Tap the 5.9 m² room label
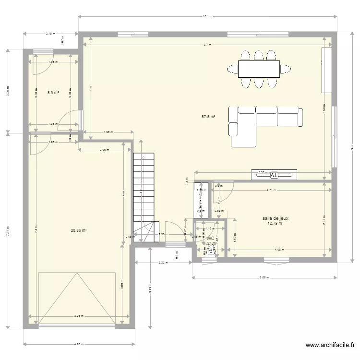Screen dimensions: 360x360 click(x=53, y=93)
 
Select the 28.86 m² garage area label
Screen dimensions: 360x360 click(x=79, y=230)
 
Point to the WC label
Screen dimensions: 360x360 click(x=211, y=238)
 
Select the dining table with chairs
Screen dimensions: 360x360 click(x=259, y=69)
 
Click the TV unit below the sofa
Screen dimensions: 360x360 click(x=274, y=175)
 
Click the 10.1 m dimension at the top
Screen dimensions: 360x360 click(x=206, y=17)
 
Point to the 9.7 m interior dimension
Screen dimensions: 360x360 click(x=206, y=45)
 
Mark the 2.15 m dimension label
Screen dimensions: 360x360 click(x=50, y=34)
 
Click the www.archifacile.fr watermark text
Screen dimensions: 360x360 click(x=331, y=345)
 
